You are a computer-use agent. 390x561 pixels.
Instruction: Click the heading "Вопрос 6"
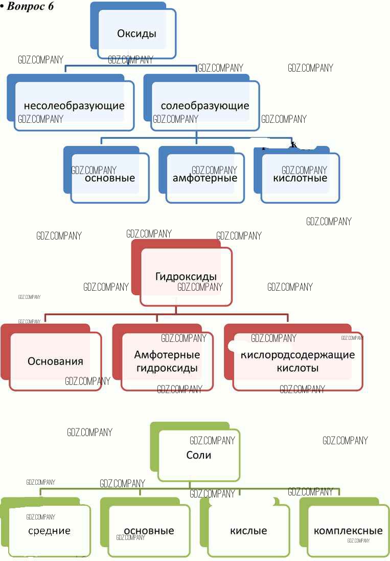(x=31, y=7)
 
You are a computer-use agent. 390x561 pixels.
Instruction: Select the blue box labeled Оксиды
(x=136, y=34)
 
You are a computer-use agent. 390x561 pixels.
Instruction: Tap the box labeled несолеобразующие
(x=74, y=106)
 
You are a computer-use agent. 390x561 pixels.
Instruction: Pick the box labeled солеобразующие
(x=204, y=106)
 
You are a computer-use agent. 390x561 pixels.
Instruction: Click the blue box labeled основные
(x=109, y=178)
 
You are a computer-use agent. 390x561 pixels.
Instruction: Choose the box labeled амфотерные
(x=204, y=178)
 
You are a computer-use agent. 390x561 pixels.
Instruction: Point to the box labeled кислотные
(x=300, y=178)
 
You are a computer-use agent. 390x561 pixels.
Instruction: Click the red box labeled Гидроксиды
(x=186, y=276)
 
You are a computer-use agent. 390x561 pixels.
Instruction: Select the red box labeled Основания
(x=55, y=361)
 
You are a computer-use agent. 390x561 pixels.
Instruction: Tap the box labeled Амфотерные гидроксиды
(x=167, y=361)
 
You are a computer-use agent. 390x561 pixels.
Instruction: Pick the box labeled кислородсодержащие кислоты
(x=297, y=361)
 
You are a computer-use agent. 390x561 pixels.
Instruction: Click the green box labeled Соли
(x=198, y=455)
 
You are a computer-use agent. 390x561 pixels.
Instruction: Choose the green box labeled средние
(x=49, y=531)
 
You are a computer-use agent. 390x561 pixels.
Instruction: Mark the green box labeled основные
(x=149, y=531)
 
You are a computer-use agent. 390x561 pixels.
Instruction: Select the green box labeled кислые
(x=248, y=531)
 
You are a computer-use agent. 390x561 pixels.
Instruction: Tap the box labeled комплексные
(x=348, y=531)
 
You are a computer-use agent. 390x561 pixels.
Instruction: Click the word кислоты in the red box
(x=297, y=368)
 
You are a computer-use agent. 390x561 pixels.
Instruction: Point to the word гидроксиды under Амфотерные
(x=167, y=368)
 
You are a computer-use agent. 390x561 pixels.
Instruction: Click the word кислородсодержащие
(x=297, y=355)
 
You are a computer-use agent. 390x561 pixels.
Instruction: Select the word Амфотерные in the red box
(x=167, y=355)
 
